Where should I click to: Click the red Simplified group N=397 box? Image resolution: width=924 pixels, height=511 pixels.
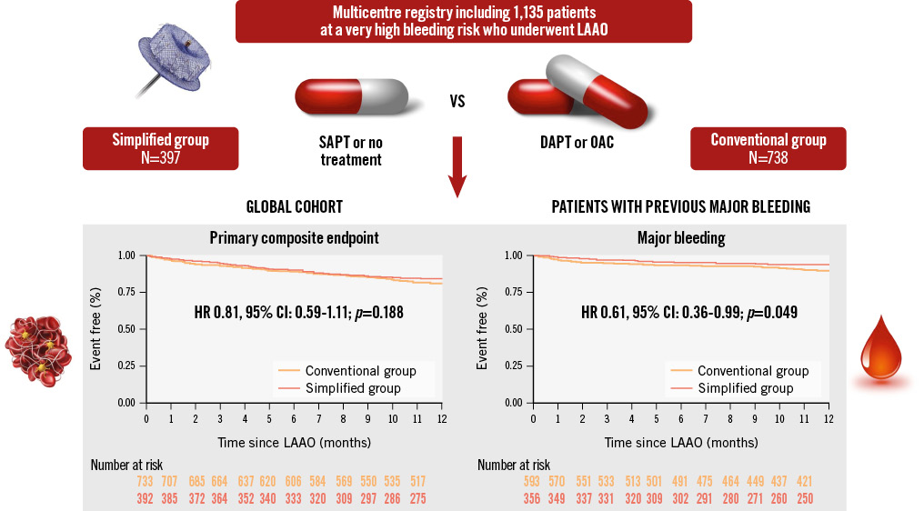[x=160, y=148]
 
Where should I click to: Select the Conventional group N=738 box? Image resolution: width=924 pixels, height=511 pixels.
[x=768, y=148]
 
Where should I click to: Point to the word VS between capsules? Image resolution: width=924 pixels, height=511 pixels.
[x=457, y=101]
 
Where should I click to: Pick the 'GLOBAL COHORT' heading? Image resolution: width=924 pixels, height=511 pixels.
[x=293, y=207]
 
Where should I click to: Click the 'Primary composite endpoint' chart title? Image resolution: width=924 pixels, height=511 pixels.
[x=295, y=239]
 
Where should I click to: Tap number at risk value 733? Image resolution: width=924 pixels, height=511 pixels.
[x=146, y=481]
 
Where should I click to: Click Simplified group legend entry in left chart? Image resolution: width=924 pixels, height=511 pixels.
[x=354, y=388]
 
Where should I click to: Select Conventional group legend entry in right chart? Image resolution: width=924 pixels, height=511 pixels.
[x=752, y=371]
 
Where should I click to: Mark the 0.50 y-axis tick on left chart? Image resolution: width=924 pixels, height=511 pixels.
[x=128, y=329]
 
